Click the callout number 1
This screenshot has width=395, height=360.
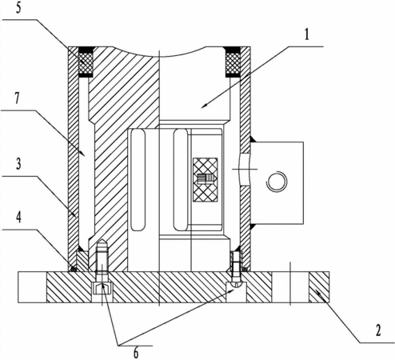tap(307, 34)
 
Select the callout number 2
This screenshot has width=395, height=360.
tap(378, 330)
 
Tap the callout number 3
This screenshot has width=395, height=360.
tap(18, 164)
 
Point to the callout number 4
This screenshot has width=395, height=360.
tap(18, 218)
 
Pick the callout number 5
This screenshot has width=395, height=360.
tap(18, 8)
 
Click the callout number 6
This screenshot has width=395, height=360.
tap(136, 353)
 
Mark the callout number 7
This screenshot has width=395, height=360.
tap(18, 98)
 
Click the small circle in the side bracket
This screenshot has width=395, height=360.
tap(277, 182)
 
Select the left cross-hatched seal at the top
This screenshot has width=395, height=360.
tap(86, 63)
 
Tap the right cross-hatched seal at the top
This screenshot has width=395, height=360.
tap(233, 63)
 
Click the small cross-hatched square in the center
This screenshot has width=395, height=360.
tap(205, 179)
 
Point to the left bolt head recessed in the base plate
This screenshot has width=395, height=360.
tap(102, 288)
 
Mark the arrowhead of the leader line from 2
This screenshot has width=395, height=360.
tap(317, 293)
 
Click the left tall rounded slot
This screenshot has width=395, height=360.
tap(138, 180)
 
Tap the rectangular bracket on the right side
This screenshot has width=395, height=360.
tap(277, 182)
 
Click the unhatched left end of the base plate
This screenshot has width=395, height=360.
tap(32, 287)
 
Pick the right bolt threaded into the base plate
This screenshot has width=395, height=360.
tap(236, 270)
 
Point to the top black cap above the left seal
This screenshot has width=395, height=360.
tap(86, 50)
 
